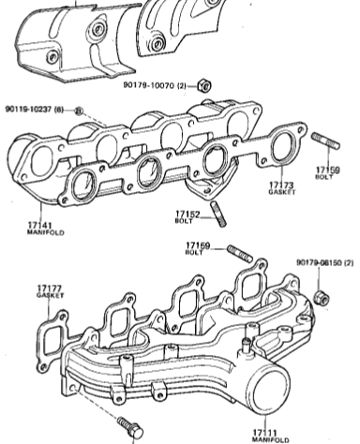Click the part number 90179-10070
149,85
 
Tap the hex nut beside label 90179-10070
204,85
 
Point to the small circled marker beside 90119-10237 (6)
79,111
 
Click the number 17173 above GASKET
281,185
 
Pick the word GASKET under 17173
282,192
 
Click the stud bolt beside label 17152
218,214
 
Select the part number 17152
187,215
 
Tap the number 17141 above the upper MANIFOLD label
40,225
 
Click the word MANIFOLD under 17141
46,232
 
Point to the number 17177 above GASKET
50,289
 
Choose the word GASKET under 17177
51,295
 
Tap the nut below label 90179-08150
322,298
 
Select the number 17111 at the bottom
264,433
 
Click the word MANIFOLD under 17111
270,440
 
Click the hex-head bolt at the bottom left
130,427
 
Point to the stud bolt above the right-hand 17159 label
325,141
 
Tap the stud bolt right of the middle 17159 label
240,253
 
